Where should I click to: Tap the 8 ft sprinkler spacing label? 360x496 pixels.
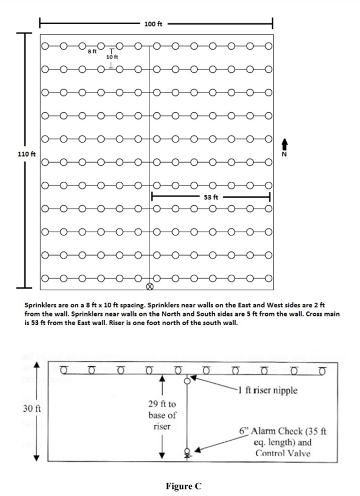(92, 51)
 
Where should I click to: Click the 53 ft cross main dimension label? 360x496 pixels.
(212, 197)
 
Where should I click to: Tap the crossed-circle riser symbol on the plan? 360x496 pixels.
(150, 286)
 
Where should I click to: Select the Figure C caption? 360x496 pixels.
(180, 486)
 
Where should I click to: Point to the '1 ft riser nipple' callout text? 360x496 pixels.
(268, 390)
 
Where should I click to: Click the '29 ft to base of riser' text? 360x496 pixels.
(162, 415)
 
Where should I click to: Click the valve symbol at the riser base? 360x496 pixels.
(187, 453)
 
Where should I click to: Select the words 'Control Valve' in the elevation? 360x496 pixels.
(283, 453)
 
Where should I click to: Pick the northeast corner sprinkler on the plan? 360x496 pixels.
(269, 46)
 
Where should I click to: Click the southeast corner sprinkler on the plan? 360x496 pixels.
(269, 278)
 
